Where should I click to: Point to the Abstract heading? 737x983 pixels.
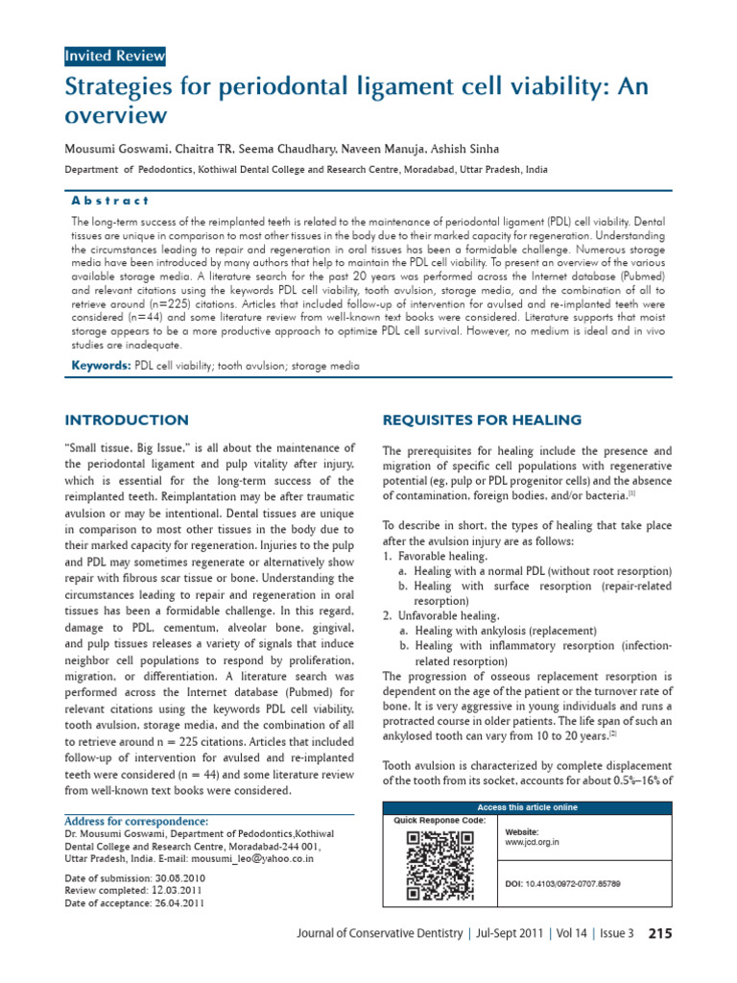[x=110, y=201]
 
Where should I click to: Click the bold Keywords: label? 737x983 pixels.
[x=102, y=367]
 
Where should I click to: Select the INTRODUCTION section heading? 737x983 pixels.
[x=126, y=420]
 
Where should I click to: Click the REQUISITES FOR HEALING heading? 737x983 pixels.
[x=482, y=420]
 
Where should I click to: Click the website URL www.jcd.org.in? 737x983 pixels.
[x=532, y=842]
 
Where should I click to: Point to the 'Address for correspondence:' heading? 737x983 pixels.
[x=135, y=822]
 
